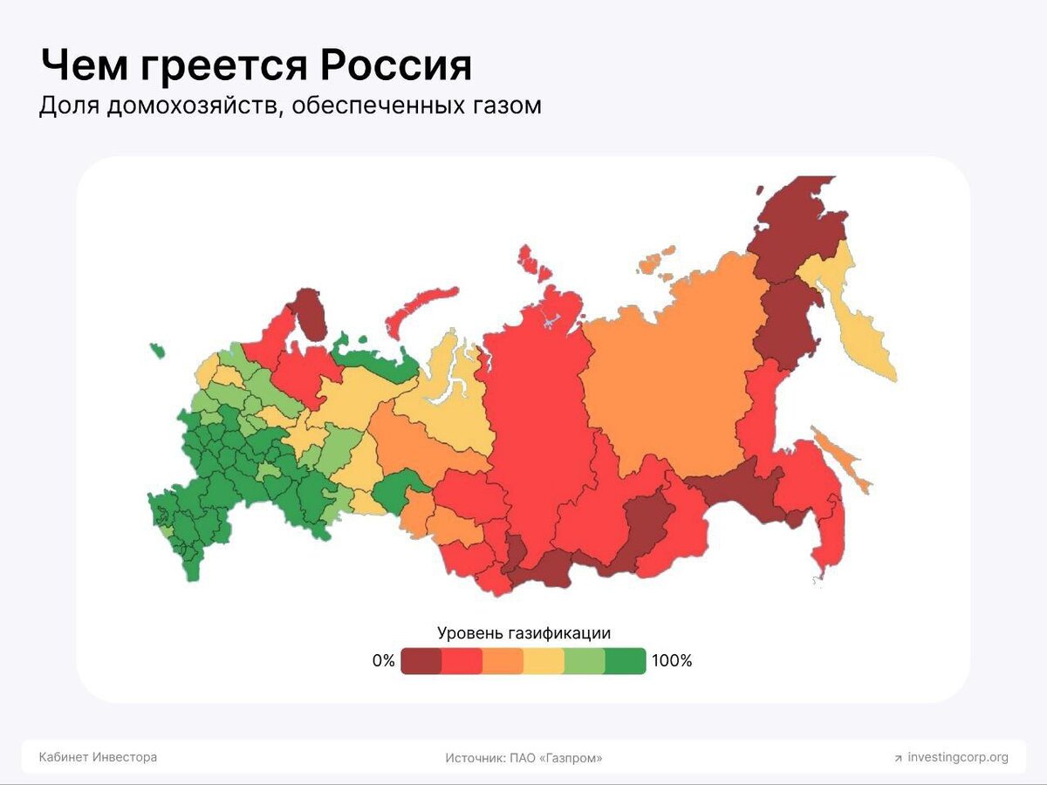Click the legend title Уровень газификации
tap(523, 633)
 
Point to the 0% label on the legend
tap(384, 661)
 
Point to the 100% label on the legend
tap(672, 661)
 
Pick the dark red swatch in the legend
tap(421, 662)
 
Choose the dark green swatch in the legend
tap(626, 662)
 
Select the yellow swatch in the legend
tap(544, 662)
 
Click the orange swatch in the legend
tap(503, 662)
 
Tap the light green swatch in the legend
tap(585, 662)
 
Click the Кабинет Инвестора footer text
tap(98, 757)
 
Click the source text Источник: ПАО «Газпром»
tap(523, 758)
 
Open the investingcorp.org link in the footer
tap(957, 757)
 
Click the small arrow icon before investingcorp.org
tap(898, 758)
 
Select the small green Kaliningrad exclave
tap(157, 351)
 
